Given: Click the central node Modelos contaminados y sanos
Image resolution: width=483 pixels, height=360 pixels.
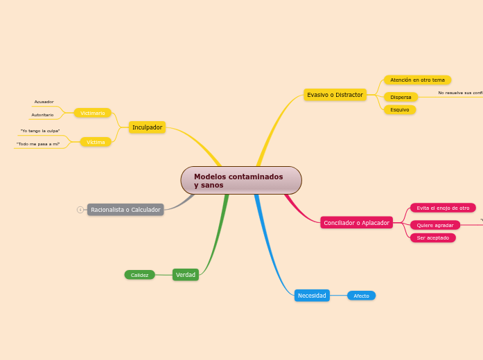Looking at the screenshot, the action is click(241, 180).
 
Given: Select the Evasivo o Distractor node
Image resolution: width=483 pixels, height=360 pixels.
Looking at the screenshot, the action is click(335, 95).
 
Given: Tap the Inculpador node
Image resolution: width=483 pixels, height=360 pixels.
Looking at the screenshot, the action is click(147, 127).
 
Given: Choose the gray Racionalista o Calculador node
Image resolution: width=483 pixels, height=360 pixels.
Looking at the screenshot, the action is click(125, 209).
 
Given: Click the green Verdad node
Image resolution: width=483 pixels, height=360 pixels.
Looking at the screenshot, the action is click(186, 275).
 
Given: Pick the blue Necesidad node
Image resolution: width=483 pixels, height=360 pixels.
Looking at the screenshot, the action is click(312, 296).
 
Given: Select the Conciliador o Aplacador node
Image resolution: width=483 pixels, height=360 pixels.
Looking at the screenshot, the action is click(356, 222).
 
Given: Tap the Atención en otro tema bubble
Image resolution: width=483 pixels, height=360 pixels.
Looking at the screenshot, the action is click(417, 80).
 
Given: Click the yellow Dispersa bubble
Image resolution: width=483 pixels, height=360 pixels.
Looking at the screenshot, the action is click(401, 97).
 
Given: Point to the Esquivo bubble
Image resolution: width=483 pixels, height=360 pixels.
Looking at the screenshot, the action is click(399, 109).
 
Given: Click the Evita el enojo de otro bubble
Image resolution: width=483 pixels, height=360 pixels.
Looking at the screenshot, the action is click(443, 208).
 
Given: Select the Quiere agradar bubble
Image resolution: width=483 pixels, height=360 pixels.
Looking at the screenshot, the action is click(435, 225).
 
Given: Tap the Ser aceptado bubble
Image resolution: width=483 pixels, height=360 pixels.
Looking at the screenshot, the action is click(432, 237).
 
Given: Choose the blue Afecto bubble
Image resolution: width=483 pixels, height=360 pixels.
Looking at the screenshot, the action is click(361, 296).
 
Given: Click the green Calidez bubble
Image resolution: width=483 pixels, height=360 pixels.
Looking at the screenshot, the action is click(139, 275).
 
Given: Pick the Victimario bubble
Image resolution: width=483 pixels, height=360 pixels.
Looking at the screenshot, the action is click(93, 113).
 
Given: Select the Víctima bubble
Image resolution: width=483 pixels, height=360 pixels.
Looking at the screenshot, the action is click(96, 142).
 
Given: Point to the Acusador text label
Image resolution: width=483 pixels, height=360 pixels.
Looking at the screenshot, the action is click(44, 102).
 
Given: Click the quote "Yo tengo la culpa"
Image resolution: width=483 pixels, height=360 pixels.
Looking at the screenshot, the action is click(40, 131).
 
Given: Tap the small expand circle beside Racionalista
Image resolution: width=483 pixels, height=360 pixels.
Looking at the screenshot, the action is click(80, 209).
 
